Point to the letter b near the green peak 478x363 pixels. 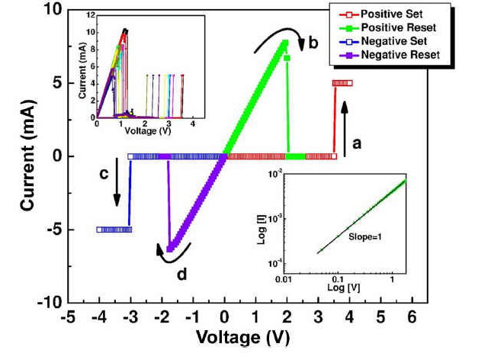313,43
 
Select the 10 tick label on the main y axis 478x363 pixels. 51,10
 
